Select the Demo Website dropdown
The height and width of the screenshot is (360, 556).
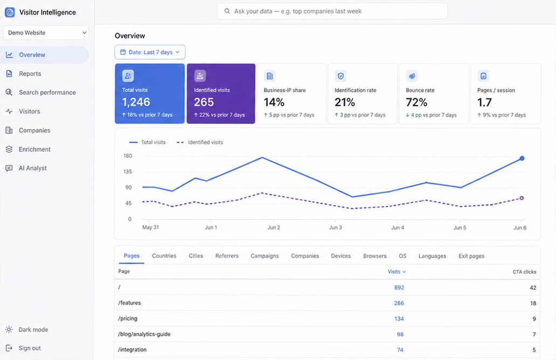tap(46, 33)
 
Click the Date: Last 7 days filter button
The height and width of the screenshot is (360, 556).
tap(150, 52)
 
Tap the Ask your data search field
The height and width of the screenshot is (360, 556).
tap(332, 11)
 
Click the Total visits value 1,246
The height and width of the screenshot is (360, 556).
tap(136, 102)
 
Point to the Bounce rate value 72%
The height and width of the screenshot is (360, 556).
tap(416, 102)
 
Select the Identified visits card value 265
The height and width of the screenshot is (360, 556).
tap(204, 102)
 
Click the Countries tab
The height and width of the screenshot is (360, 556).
tap(164, 256)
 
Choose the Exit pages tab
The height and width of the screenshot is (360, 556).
tap(471, 256)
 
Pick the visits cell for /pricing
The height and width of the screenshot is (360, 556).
tap(399, 319)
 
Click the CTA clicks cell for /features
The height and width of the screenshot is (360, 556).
tap(533, 303)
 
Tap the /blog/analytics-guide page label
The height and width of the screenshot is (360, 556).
tap(144, 334)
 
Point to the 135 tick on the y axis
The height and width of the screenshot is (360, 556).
tap(128, 172)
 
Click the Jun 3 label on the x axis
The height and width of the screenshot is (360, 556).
tap(336, 228)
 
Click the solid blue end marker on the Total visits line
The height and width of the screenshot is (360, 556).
tap(522, 158)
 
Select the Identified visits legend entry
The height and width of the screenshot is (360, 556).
tap(200, 142)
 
